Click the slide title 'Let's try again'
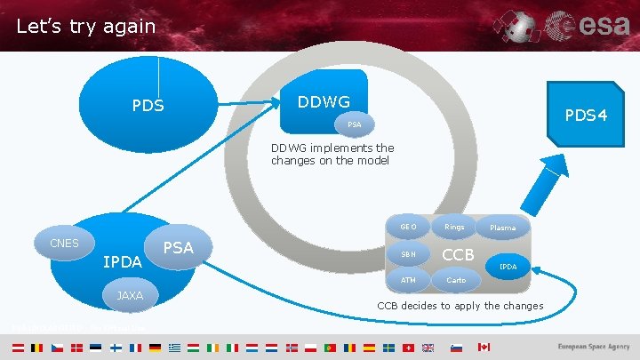pos(85,27)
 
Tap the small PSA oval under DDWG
pos(354,124)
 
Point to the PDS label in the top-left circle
pos(148,107)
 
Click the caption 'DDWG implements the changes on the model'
pos(332,155)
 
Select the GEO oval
pos(409,227)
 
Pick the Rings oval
pos(454,227)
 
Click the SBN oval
pos(409,255)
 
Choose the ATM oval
pos(408,281)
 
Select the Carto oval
pos(455,281)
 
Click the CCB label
pos(459,255)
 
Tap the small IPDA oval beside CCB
pos(508,267)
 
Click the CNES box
pos(64,243)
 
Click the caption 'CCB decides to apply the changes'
pos(460,307)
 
